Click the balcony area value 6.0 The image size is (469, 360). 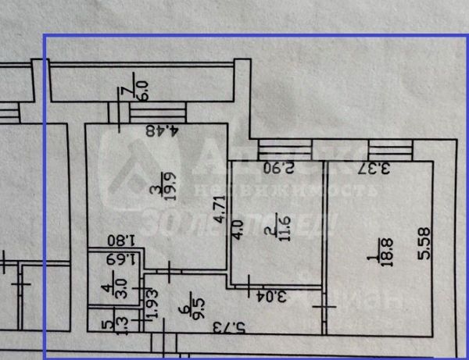pos(143,81)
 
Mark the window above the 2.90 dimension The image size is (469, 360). pos(274,147)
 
